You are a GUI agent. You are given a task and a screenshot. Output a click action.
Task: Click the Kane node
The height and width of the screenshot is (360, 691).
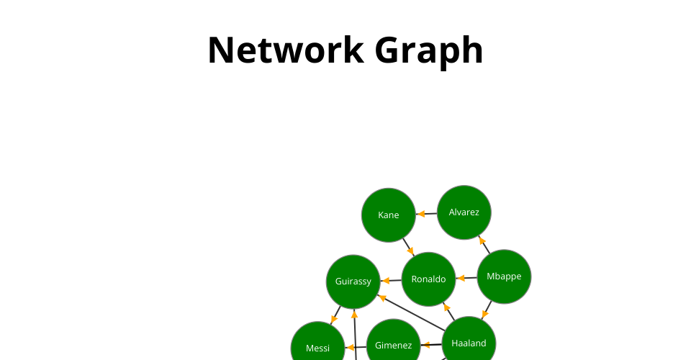pyautogui.click(x=389, y=215)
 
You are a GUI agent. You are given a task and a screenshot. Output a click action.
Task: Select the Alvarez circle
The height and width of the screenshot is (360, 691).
pyautogui.click(x=464, y=212)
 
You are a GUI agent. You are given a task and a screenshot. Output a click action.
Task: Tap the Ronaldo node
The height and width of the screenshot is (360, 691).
pyautogui.click(x=428, y=279)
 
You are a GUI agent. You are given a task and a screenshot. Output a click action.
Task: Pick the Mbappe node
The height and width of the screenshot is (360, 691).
pyautogui.click(x=504, y=276)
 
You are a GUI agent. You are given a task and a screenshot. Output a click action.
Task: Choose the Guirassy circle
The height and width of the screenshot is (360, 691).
pyautogui.click(x=353, y=281)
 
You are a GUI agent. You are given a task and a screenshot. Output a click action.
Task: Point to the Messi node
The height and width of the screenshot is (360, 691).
pyautogui.click(x=317, y=348)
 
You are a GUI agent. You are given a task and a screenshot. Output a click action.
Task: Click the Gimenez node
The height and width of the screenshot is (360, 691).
pyautogui.click(x=393, y=346)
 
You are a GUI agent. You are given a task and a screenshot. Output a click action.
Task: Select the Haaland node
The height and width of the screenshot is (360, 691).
pyautogui.click(x=469, y=343)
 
